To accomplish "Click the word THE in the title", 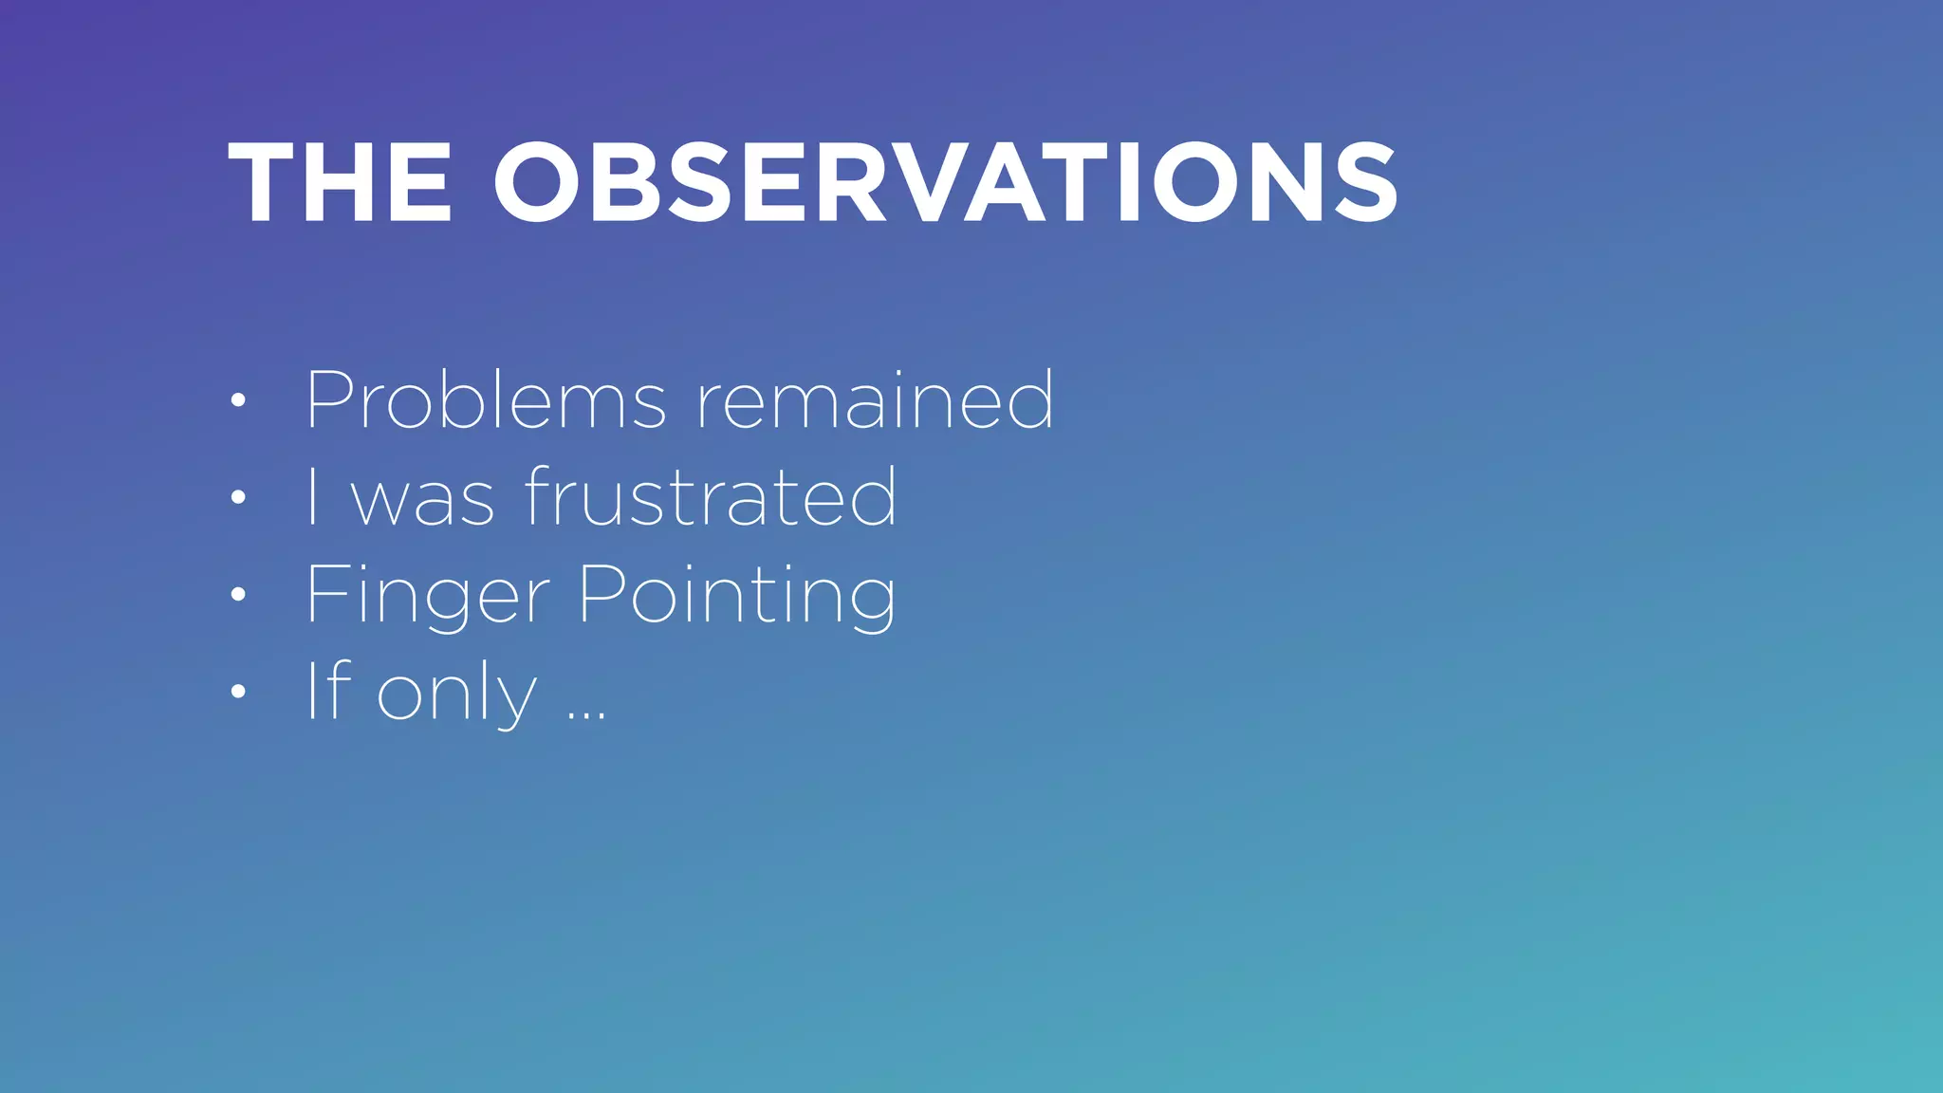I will click(340, 182).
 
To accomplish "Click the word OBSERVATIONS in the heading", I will click(945, 182).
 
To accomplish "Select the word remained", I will click(875, 400).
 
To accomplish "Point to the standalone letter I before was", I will click(313, 496).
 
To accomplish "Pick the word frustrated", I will click(711, 496).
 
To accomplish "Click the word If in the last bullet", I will click(328, 691).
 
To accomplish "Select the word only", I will click(457, 695).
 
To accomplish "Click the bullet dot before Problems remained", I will click(238, 400).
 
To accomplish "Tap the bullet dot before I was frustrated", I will click(238, 497).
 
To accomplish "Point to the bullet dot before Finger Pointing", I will click(238, 595).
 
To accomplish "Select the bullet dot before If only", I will click(238, 692).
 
